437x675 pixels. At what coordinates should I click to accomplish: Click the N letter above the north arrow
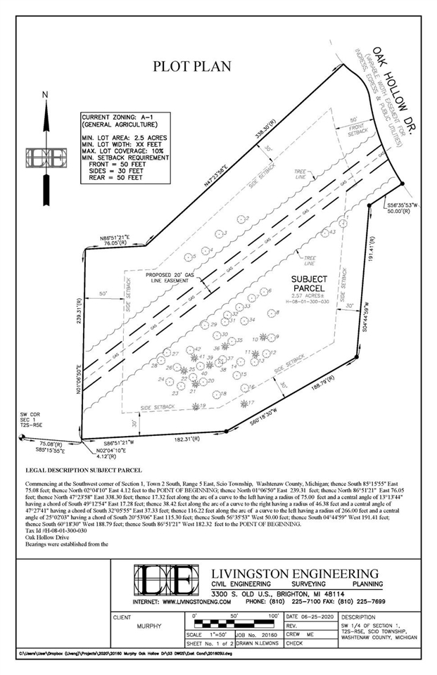pos(44,94)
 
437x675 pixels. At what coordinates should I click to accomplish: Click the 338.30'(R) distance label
pos(245,127)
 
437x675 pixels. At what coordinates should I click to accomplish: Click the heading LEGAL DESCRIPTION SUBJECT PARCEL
pos(83,469)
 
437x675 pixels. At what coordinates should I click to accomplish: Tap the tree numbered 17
pos(250,403)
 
